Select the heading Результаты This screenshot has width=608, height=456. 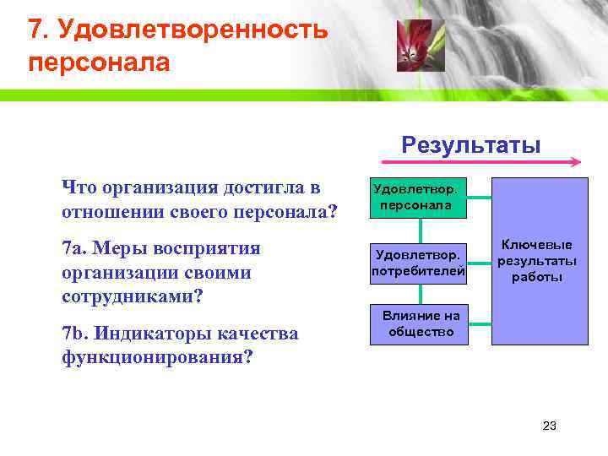tap(471, 144)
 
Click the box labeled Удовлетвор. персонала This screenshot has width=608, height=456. tap(419, 198)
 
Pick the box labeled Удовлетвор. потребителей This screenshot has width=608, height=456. tap(419, 262)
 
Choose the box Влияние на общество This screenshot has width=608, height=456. tap(421, 324)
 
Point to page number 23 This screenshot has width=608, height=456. tap(549, 426)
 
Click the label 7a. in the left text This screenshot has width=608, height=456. tap(73, 249)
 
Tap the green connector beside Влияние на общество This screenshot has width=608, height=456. tap(480, 324)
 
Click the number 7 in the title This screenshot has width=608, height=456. tap(34, 30)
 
